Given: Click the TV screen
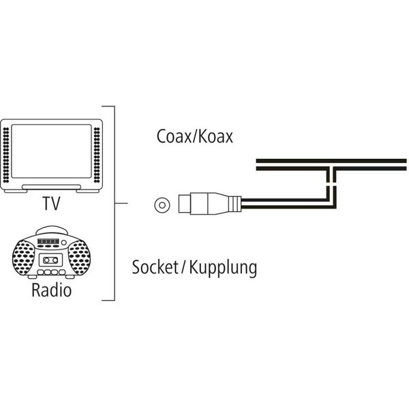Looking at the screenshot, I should click(x=51, y=153).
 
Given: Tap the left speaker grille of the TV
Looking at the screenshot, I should click(x=7, y=155).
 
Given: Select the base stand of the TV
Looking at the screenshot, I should click(x=51, y=187).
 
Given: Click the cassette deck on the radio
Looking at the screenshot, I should click(x=50, y=260).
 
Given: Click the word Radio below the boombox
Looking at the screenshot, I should click(x=51, y=292).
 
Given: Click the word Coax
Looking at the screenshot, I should click(x=170, y=136).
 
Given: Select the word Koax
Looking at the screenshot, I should click(x=214, y=136).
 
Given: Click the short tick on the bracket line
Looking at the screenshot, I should click(x=117, y=203).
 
